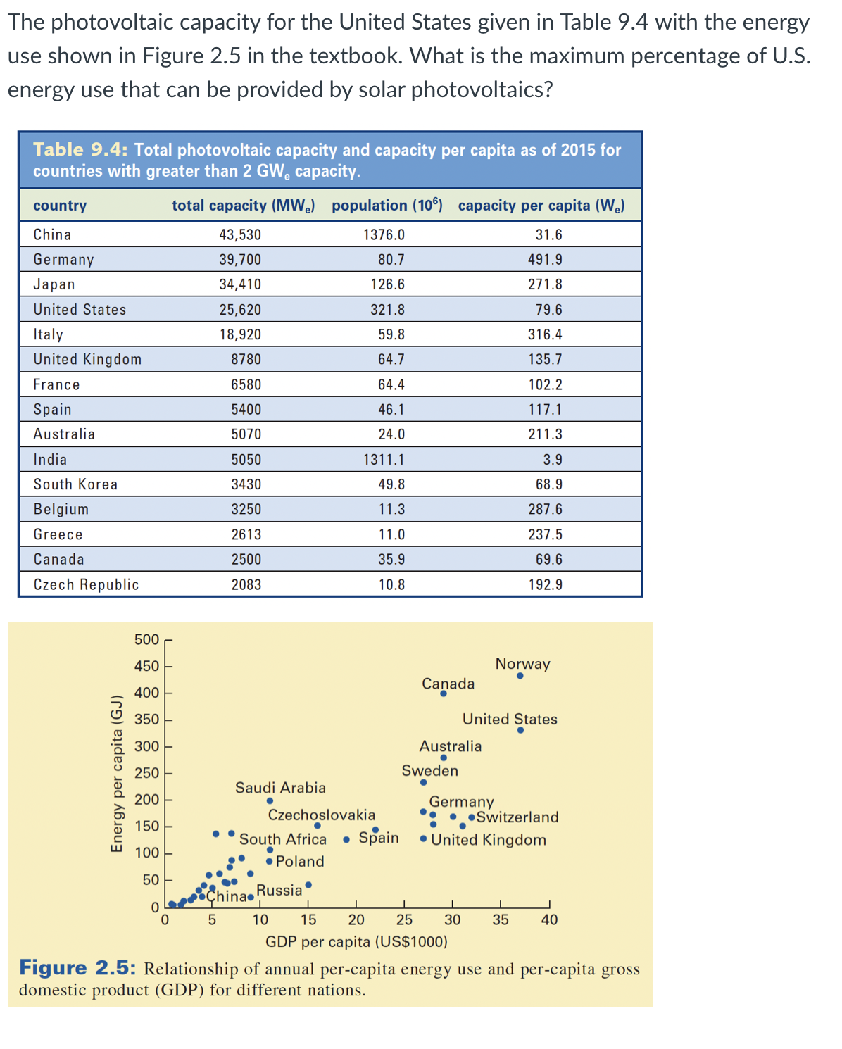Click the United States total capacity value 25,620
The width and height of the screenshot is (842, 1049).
pyautogui.click(x=239, y=310)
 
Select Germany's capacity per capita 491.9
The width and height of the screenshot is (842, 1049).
pyautogui.click(x=545, y=260)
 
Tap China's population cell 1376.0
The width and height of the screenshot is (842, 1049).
pyautogui.click(x=384, y=235)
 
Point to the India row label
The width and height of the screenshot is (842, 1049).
pyautogui.click(x=50, y=460)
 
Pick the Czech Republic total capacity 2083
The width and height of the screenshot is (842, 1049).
pyautogui.click(x=246, y=585)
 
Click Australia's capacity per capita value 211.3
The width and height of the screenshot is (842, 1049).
pyautogui.click(x=545, y=434)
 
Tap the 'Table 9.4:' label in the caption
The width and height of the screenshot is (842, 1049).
pyautogui.click(x=80, y=150)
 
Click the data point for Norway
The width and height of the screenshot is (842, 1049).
pyautogui.click(x=520, y=676)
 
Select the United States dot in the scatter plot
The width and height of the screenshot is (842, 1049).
pyautogui.click(x=520, y=730)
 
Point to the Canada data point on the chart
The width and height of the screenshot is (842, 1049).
pyautogui.click(x=443, y=693)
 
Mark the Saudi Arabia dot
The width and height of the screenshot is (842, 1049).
pyautogui.click(x=270, y=800)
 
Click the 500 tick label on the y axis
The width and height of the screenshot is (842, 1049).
pyautogui.click(x=146, y=640)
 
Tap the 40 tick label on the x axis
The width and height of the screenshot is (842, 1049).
pyautogui.click(x=549, y=919)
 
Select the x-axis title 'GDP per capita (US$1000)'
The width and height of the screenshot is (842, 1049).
pyautogui.click(x=356, y=942)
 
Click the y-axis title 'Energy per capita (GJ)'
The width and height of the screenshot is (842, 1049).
pyautogui.click(x=117, y=774)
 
